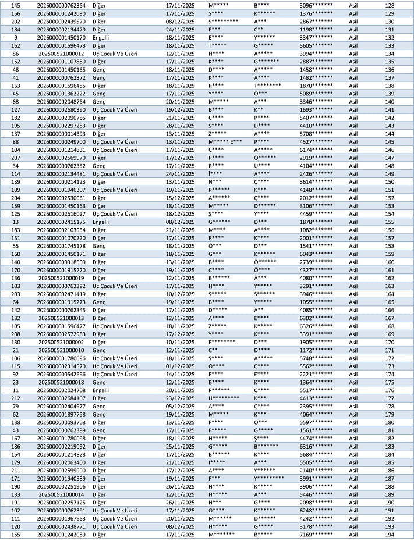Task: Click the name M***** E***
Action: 225,141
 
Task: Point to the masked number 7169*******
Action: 316,534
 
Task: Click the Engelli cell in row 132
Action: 101,37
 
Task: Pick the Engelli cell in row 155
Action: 101,222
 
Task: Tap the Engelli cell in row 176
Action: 101,390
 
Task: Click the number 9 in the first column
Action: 16,37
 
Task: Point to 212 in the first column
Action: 16,398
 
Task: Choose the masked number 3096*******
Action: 316,5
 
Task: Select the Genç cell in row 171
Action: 98,350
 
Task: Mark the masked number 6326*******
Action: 316,326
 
